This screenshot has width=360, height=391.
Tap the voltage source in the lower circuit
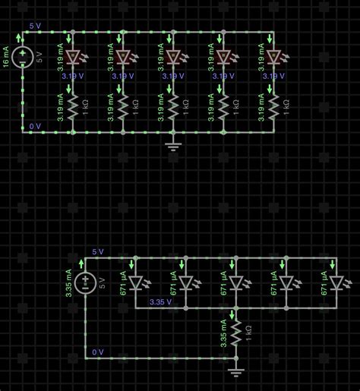[x=86, y=282]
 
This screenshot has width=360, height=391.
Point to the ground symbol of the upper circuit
[x=173, y=145]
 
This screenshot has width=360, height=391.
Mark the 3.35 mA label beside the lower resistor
[x=224, y=332]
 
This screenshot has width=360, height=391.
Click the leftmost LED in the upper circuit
[x=73, y=57]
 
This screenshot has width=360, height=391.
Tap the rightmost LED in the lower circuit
[x=336, y=282]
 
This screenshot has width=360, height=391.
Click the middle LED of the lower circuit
[x=235, y=282]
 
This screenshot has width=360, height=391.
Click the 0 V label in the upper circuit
[x=36, y=125]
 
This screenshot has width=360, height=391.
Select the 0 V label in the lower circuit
[x=97, y=352]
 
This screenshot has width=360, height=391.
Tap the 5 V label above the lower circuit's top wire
[x=98, y=251]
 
